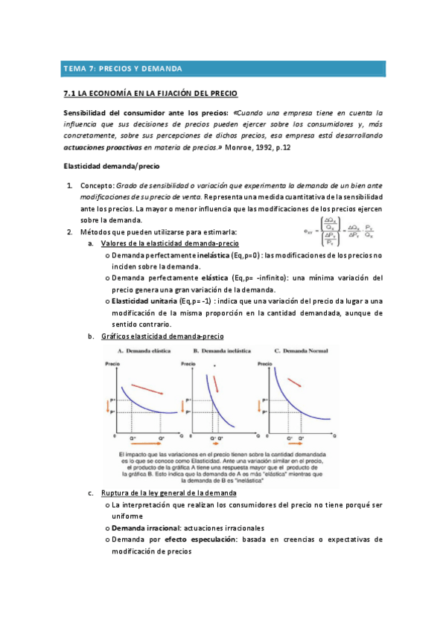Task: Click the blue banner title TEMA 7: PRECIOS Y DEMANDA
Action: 124,68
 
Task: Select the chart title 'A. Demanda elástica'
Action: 144,349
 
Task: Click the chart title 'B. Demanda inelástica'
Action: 219,349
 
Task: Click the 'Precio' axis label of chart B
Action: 188,363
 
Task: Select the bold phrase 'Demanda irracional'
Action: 142,527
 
